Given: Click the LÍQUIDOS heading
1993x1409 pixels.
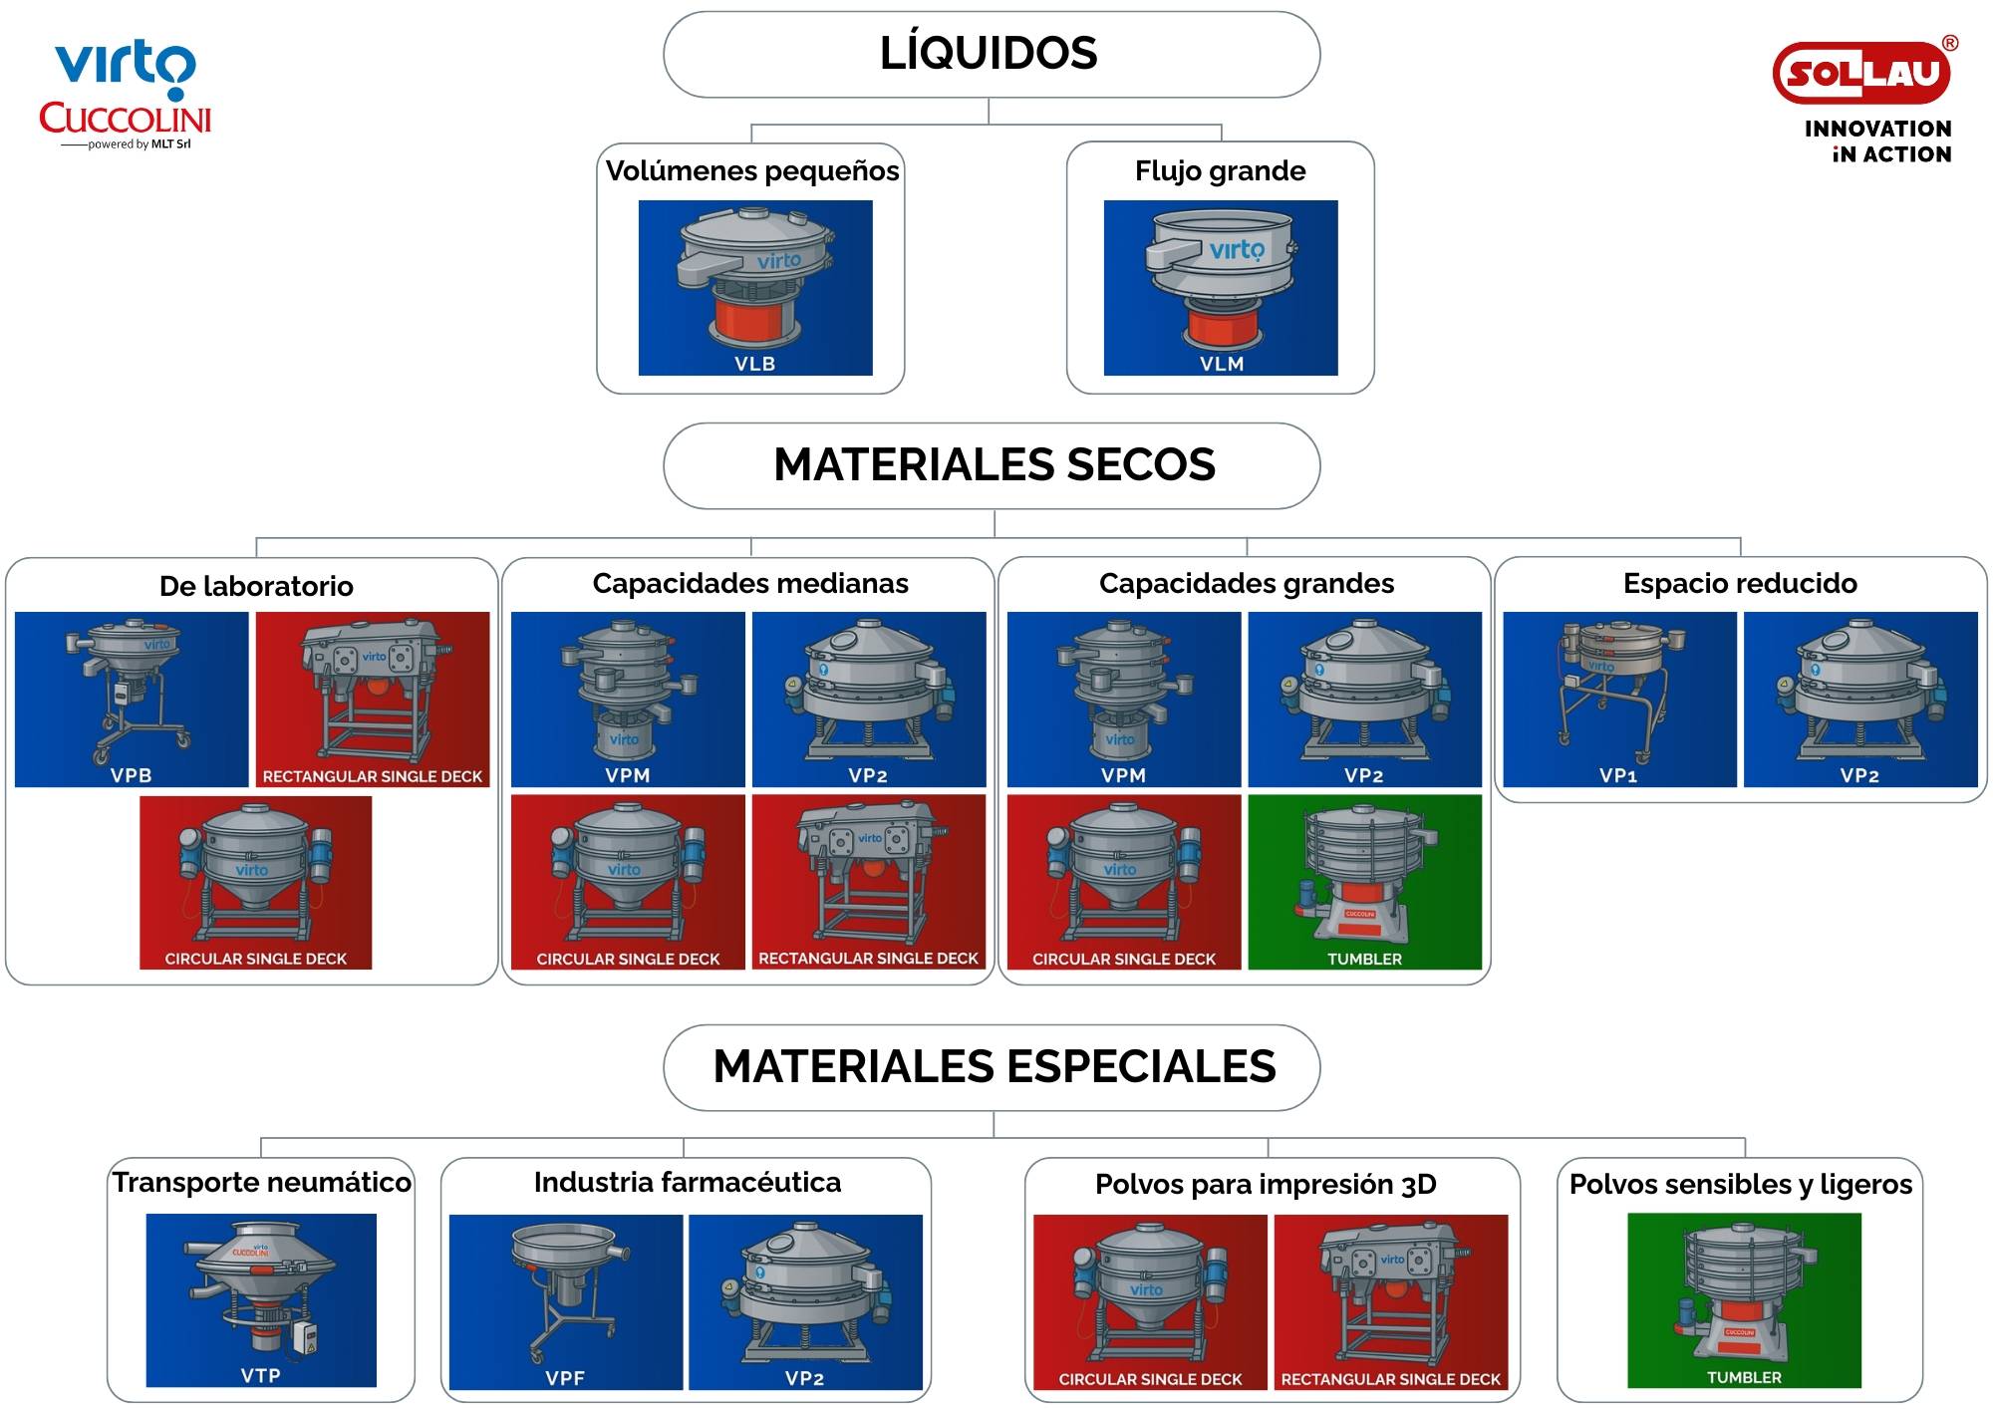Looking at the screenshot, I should (x=990, y=54).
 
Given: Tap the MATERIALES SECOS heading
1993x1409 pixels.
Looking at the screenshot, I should (x=994, y=465).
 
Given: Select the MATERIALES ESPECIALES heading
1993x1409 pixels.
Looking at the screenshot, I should (x=994, y=1067).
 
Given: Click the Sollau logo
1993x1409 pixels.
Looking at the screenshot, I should (x=1862, y=74).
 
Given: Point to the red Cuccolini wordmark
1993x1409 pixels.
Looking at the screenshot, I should (x=126, y=119).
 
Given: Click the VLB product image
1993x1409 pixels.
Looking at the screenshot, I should (x=755, y=288).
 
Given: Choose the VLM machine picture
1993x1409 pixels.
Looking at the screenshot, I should (x=1221, y=288).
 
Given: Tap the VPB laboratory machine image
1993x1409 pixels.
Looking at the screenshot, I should (x=132, y=699).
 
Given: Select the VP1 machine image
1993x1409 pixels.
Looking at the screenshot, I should (x=1619, y=699).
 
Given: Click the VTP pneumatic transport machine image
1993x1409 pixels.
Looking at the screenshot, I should (x=261, y=1299).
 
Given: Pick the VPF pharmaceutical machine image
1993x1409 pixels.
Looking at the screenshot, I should (x=566, y=1301).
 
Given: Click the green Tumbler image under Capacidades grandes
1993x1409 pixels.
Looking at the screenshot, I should (x=1364, y=881).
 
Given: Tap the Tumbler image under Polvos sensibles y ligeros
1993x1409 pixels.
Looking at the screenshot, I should (x=1744, y=1299).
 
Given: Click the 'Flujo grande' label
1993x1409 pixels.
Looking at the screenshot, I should (x=1220, y=171).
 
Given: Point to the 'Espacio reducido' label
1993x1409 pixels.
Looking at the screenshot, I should (x=1740, y=584).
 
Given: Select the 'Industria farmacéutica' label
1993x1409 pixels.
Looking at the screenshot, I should (x=688, y=1183).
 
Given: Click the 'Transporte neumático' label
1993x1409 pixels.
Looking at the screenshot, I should (x=261, y=1183).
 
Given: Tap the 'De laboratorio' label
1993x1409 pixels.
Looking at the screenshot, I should (x=256, y=586).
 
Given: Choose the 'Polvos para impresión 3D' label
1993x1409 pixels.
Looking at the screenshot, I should (x=1266, y=1185).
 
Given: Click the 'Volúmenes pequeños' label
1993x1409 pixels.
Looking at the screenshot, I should (x=752, y=171).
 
